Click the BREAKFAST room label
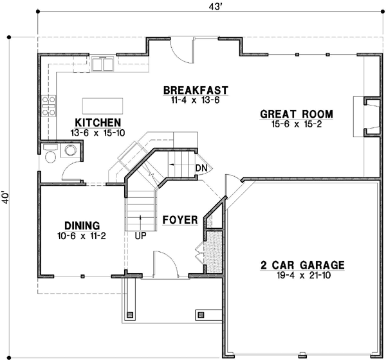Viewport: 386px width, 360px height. (x=196, y=89)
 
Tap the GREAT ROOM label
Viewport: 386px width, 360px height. (x=297, y=114)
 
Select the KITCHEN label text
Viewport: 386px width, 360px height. (x=98, y=122)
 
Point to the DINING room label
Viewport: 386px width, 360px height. (x=82, y=226)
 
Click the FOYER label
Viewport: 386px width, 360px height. (x=179, y=220)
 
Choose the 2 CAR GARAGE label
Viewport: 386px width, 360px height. (x=302, y=265)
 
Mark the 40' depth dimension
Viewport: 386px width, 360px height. (x=6, y=196)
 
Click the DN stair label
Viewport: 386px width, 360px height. (x=201, y=168)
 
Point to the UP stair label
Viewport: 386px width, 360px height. (x=139, y=236)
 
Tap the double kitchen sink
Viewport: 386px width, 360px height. (x=102, y=64)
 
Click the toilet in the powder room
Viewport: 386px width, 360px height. (x=51, y=151)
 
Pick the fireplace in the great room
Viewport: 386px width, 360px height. (x=369, y=117)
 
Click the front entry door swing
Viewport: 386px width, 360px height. (x=164, y=264)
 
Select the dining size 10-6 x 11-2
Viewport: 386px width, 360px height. (x=82, y=236)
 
